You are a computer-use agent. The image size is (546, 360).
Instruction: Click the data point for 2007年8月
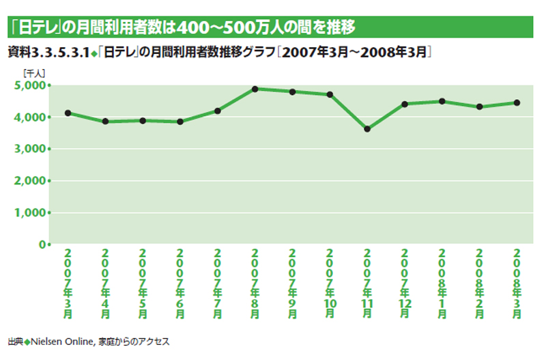255,89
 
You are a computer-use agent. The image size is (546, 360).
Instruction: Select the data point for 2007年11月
367,128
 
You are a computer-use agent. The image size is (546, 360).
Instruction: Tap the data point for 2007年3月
68,113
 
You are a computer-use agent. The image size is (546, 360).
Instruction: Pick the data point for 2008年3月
517,102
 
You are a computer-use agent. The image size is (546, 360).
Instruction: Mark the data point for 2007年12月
404,104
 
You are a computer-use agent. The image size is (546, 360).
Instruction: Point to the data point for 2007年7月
217,111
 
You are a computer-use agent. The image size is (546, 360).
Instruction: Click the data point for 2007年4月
105,122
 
